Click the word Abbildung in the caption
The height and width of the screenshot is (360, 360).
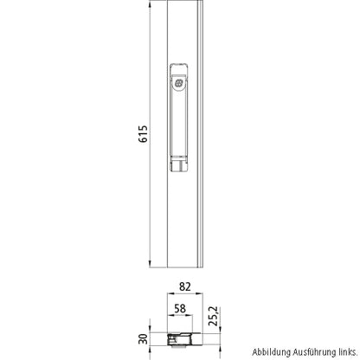(x=272, y=353)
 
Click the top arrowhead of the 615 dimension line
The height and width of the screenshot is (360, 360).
(x=151, y=4)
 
